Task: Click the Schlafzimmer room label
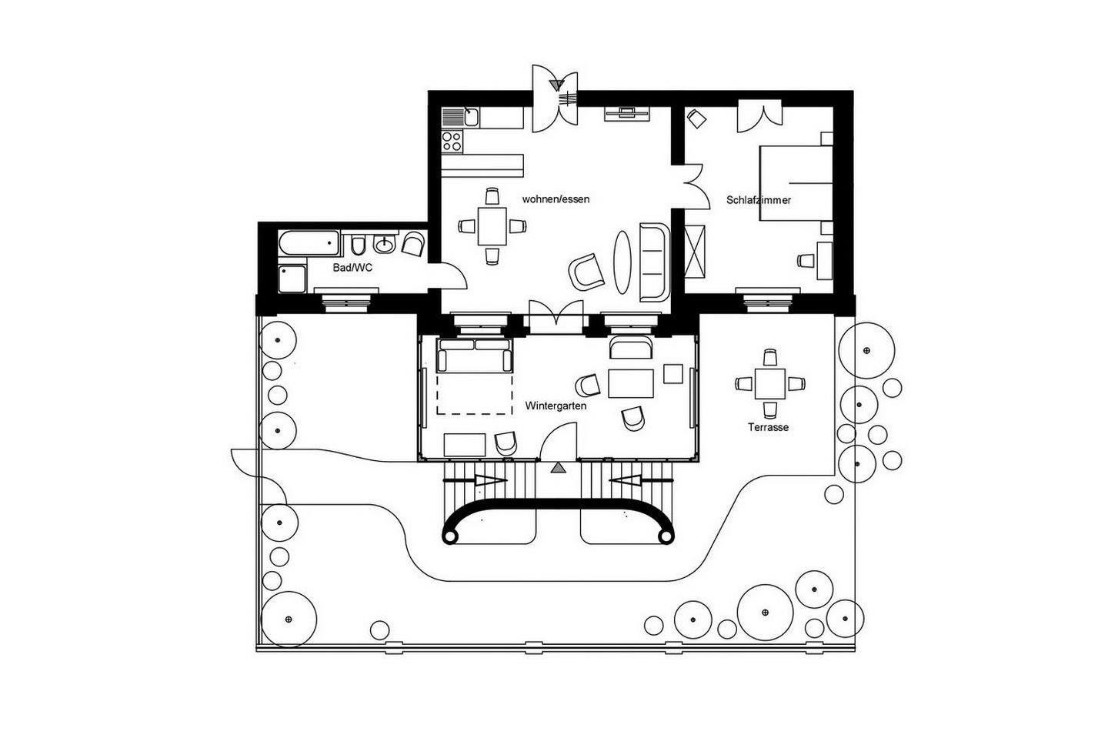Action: pos(759,200)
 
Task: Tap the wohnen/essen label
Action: pos(556,199)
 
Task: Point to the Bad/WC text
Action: pos(352,268)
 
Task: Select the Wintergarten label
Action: pos(556,406)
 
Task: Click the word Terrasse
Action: pos(768,427)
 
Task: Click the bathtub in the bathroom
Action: pos(309,243)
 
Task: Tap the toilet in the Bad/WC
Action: pos(358,244)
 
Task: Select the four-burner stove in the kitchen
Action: pos(452,141)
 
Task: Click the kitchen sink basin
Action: pos(471,118)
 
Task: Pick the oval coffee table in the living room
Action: pos(622,262)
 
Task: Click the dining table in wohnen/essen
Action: pos(492,226)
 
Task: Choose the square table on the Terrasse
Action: pos(770,383)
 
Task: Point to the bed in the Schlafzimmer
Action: pos(796,183)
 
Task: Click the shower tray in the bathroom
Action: pos(292,279)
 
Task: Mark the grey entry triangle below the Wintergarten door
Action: pos(559,467)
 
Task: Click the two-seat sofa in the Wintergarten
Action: pos(474,356)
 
